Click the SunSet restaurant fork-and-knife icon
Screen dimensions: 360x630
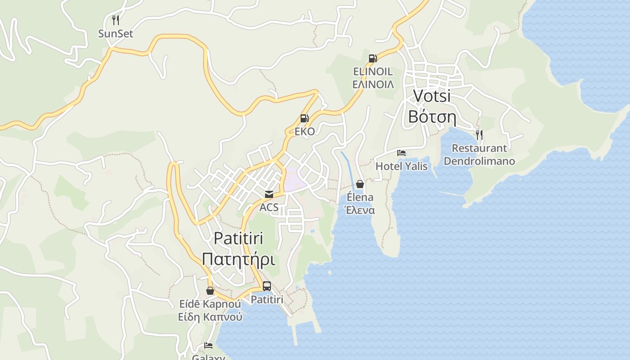pyautogui.click(x=116, y=20)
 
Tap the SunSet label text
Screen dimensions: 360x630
pyautogui.click(x=116, y=34)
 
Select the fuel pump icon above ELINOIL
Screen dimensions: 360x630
pyautogui.click(x=373, y=58)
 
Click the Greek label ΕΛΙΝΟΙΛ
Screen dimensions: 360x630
pyautogui.click(x=373, y=85)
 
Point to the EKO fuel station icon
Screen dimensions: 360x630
pyautogui.click(x=304, y=118)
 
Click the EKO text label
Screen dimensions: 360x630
pyautogui.click(x=304, y=132)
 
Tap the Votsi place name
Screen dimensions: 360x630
pyautogui.click(x=432, y=96)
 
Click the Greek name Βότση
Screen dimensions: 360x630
pyautogui.click(x=432, y=117)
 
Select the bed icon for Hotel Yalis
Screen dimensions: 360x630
pyautogui.click(x=401, y=153)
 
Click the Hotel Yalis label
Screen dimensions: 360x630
pyautogui.click(x=401, y=166)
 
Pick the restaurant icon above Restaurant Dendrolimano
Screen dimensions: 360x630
pyautogui.click(x=479, y=135)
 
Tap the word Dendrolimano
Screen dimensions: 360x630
pyautogui.click(x=479, y=161)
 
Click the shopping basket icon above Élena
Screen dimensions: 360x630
pyautogui.click(x=360, y=184)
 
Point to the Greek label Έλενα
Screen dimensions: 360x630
pyautogui.click(x=360, y=210)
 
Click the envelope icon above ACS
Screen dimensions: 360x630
pyautogui.click(x=269, y=194)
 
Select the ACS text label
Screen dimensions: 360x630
pyautogui.click(x=269, y=208)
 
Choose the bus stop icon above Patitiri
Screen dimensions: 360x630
pyautogui.click(x=267, y=286)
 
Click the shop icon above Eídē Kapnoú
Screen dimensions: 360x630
pyautogui.click(x=210, y=291)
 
